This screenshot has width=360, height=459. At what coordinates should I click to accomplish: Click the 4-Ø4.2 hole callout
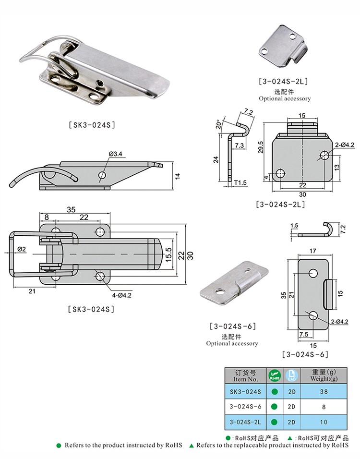(122, 295)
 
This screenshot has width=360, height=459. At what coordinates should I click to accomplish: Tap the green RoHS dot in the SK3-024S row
(275, 392)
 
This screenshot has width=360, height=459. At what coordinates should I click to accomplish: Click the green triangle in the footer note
(192, 446)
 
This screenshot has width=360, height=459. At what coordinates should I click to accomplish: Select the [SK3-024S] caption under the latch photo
(92, 125)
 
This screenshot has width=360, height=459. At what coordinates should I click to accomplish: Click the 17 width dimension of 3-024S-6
(312, 251)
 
